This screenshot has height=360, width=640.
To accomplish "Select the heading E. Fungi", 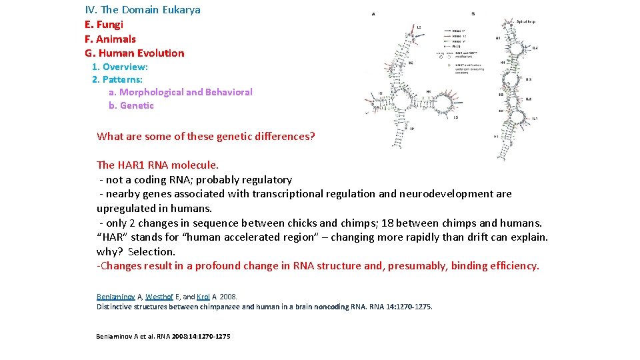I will tap(104, 24).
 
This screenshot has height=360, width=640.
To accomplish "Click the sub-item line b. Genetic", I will tap(131, 105).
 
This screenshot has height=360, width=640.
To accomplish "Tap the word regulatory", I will tap(267, 179).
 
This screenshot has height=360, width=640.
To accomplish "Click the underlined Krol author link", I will tap(205, 297).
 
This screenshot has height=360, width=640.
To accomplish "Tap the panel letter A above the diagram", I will tap(373, 13).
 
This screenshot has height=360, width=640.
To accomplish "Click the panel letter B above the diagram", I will tap(473, 13).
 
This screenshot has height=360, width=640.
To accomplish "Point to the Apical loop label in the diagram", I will tap(526, 21).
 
